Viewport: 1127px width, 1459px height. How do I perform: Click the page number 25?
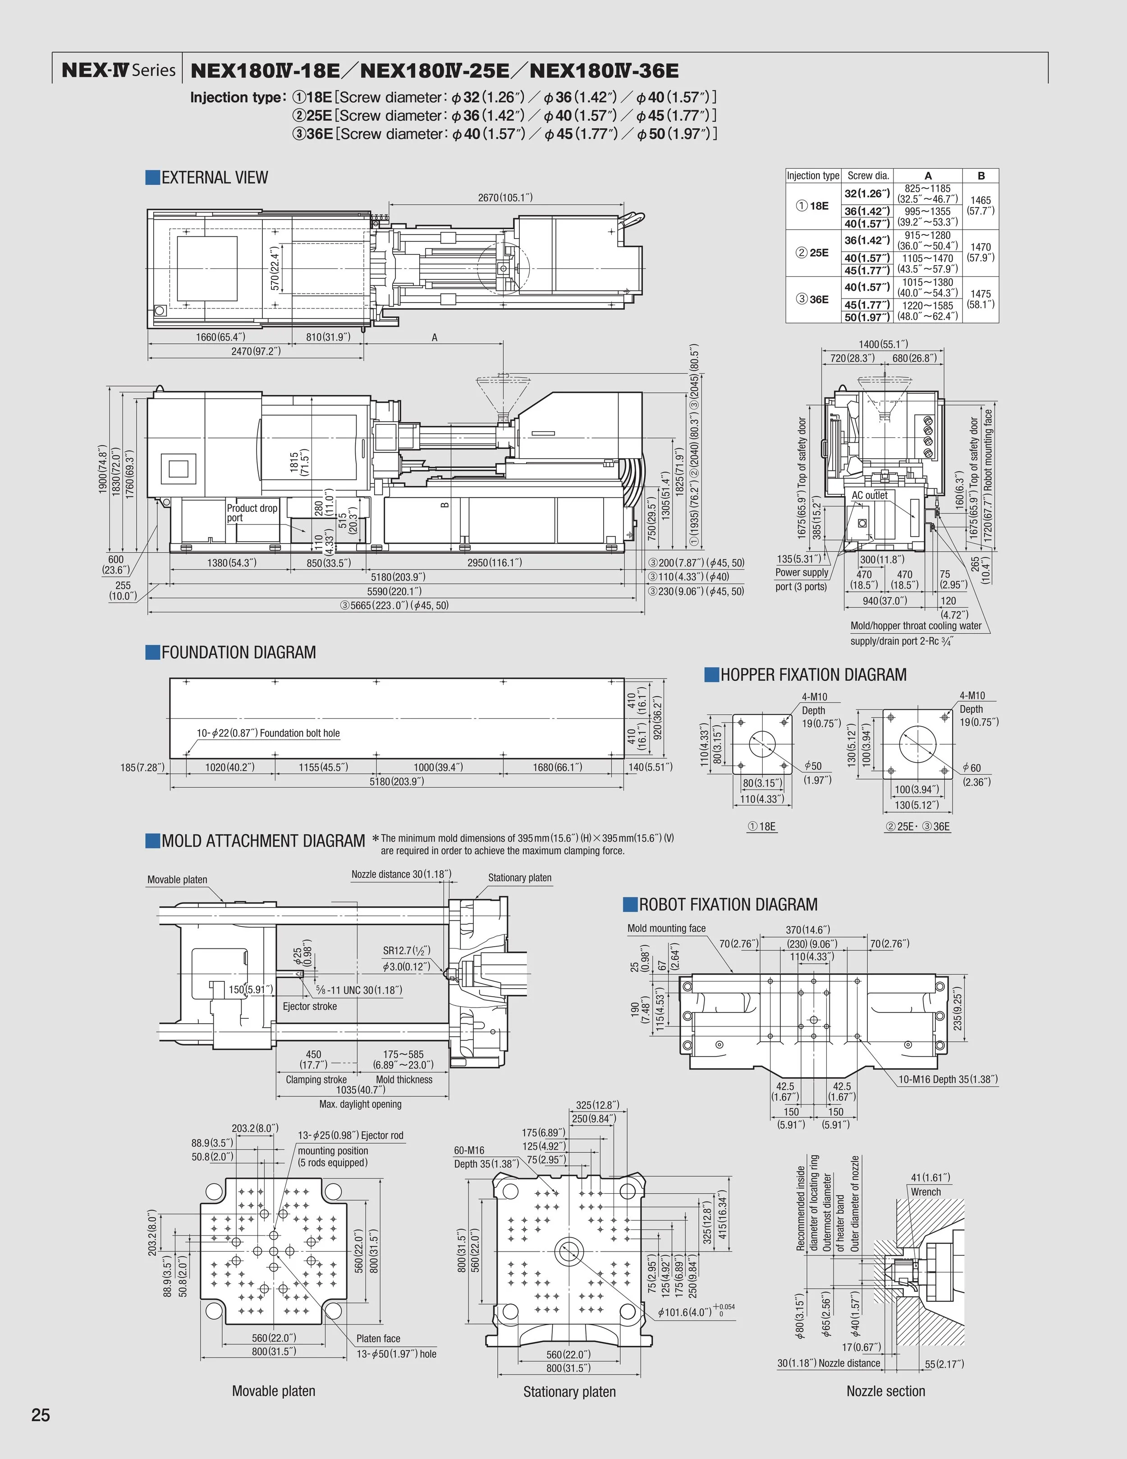point(41,1414)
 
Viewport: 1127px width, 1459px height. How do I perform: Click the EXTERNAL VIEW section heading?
point(214,178)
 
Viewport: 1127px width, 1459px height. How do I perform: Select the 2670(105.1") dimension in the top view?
point(505,197)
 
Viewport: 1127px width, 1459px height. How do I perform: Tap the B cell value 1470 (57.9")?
point(981,252)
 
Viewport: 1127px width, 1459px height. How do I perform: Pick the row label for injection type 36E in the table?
point(812,299)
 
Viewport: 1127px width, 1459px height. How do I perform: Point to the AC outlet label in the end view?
point(869,495)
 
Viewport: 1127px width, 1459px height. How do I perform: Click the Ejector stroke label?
point(310,1006)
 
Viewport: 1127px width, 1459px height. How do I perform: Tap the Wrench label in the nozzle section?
point(925,1192)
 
